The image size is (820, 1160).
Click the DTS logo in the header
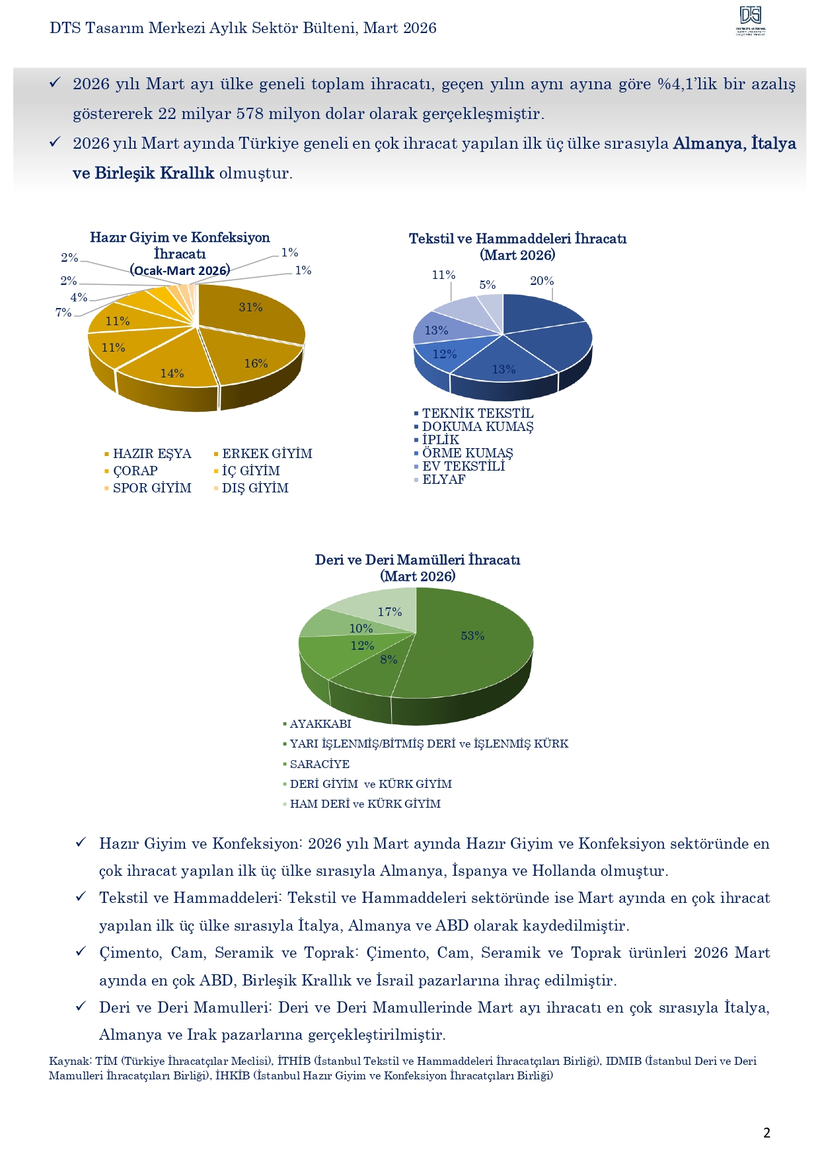751,20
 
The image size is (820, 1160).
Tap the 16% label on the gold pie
256,364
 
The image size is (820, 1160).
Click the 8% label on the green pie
389,660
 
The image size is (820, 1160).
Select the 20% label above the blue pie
542,281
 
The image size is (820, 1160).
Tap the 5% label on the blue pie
488,285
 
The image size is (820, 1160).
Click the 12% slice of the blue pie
444,355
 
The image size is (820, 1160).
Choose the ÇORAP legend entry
135,471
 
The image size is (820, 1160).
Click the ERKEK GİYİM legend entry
267,454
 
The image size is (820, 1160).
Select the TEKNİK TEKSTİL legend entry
478,414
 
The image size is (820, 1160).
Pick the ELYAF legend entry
443,480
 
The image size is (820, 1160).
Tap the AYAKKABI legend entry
320,724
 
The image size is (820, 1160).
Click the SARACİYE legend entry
320,764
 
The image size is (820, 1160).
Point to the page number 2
766,1133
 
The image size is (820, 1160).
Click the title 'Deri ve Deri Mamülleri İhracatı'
418,560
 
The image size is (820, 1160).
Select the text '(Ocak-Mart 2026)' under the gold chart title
180,270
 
